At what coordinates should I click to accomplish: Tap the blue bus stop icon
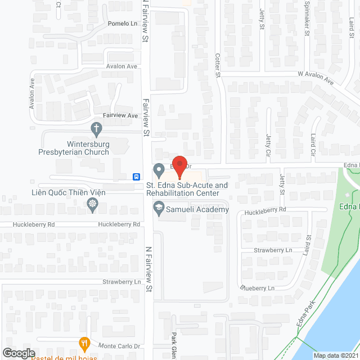(137, 176)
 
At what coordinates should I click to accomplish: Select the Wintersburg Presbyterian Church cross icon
(97, 129)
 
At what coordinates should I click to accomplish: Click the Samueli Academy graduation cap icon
(159, 209)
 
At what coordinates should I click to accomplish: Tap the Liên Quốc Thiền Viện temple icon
(93, 205)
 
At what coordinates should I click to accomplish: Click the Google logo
(19, 353)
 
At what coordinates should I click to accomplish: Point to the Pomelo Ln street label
(122, 24)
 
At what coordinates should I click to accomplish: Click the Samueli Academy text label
(196, 210)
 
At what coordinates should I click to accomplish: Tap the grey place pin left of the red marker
(159, 168)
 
